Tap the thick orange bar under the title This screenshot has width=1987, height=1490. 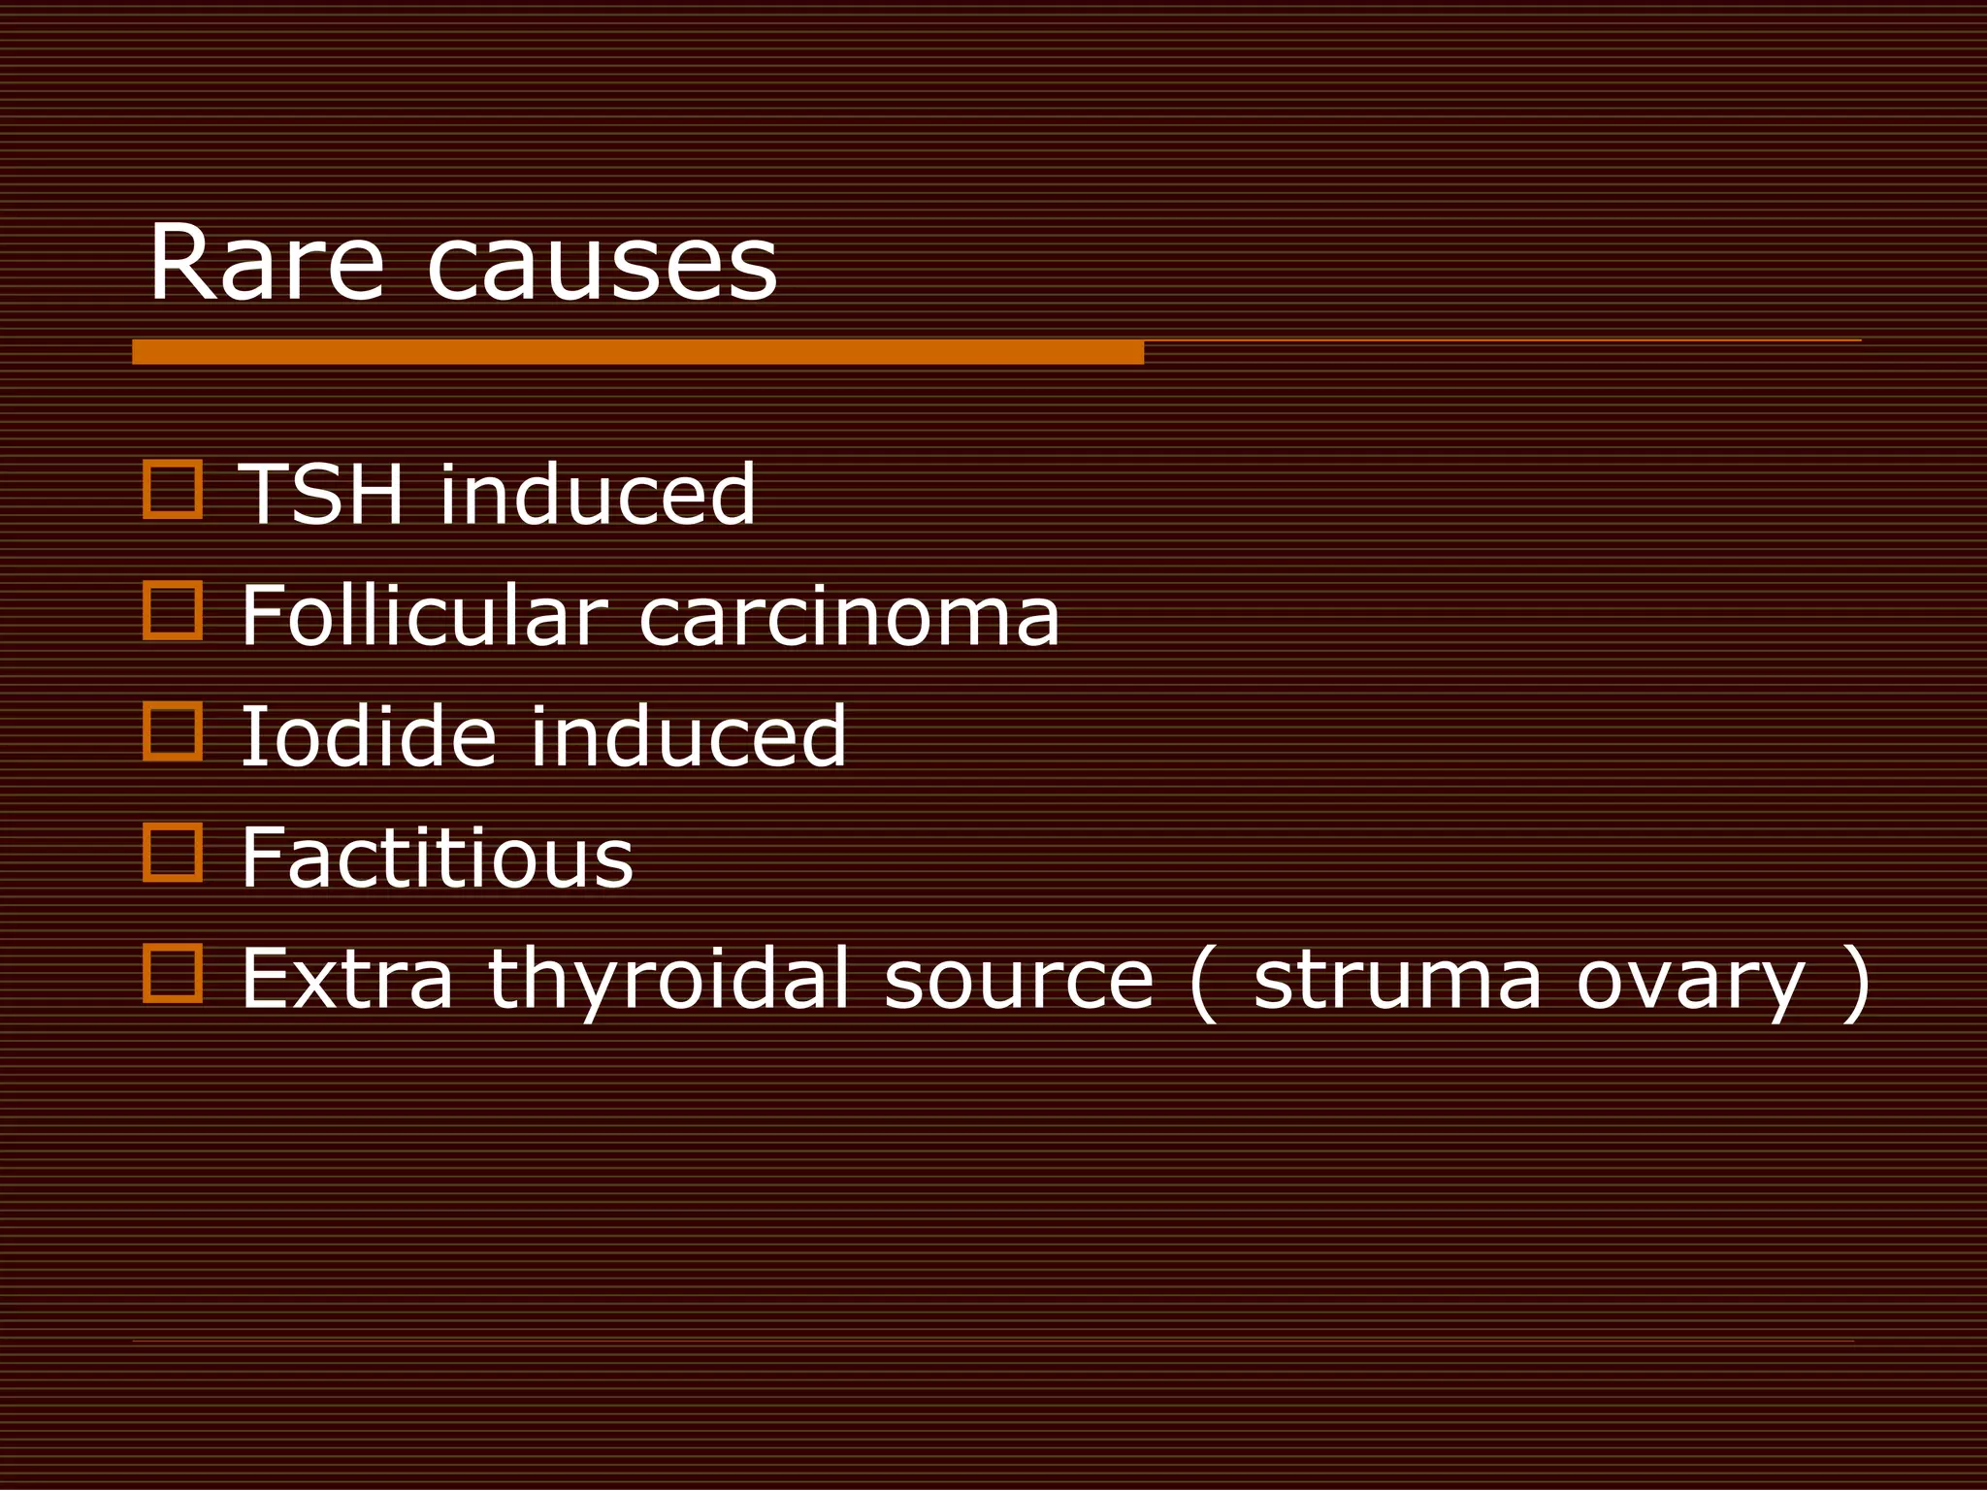(x=637, y=352)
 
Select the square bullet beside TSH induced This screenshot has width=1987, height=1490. (x=173, y=490)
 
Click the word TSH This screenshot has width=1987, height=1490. (x=320, y=495)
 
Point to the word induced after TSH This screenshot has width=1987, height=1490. (x=597, y=495)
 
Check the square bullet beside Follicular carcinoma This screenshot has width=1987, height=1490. (x=173, y=610)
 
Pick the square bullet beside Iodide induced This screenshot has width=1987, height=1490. (x=173, y=731)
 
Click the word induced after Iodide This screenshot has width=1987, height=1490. (x=688, y=737)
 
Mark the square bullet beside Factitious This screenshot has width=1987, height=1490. (x=173, y=853)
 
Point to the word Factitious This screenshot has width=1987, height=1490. (x=437, y=858)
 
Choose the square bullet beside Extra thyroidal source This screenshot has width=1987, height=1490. (x=173, y=973)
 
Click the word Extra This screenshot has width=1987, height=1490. (x=346, y=980)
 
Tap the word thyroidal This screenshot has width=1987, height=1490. (x=668, y=980)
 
